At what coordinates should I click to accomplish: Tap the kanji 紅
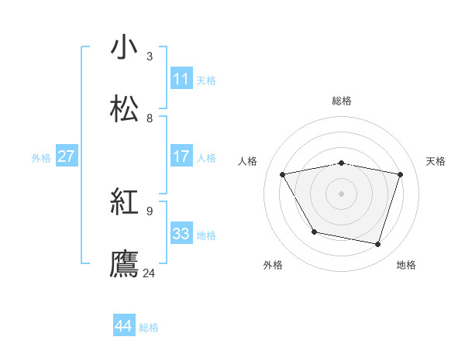pyautogui.click(x=125, y=202)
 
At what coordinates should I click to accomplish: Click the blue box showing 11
pyautogui.click(x=181, y=79)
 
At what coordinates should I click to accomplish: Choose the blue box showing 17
pyautogui.click(x=181, y=156)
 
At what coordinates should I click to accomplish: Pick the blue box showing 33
pyautogui.click(x=181, y=234)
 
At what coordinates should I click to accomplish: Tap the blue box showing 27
pyautogui.click(x=67, y=156)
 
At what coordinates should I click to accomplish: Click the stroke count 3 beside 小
pyautogui.click(x=150, y=56)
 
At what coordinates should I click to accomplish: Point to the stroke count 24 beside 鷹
pyautogui.click(x=150, y=273)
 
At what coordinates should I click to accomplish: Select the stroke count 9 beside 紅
pyautogui.click(x=150, y=211)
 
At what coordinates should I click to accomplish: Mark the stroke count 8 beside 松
pyautogui.click(x=150, y=118)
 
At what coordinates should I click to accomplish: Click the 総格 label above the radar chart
pyautogui.click(x=342, y=101)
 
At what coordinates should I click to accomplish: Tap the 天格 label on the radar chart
pyautogui.click(x=436, y=161)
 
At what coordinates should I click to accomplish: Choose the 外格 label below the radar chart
pyautogui.click(x=273, y=265)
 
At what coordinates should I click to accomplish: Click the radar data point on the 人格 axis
pyautogui.click(x=283, y=174)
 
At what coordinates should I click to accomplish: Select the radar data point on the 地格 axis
pyautogui.click(x=377, y=245)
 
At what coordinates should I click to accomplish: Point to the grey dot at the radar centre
pyautogui.click(x=342, y=194)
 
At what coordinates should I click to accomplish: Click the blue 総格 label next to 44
pyautogui.click(x=149, y=328)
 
